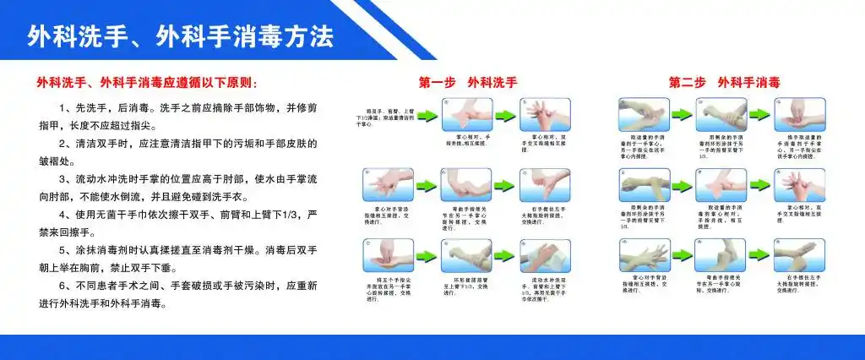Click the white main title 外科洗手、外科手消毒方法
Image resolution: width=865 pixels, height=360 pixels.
click(181, 36)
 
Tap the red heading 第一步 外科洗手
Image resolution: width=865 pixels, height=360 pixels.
click(467, 83)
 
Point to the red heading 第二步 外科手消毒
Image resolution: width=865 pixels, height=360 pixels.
click(723, 83)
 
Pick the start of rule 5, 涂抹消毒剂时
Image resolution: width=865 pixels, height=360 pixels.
click(106, 251)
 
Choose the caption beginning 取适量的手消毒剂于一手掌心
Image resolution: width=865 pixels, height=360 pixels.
click(645, 144)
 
